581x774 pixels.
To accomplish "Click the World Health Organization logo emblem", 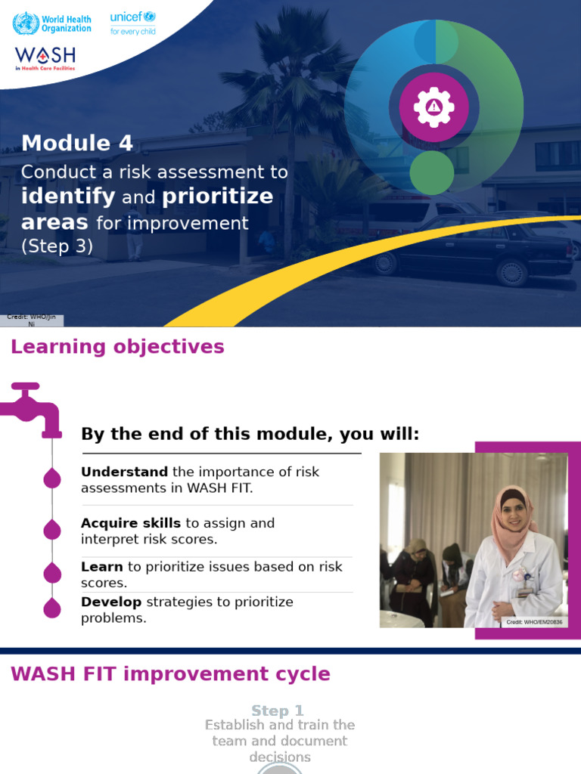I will point(25,23).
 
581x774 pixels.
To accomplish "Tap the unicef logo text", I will point(126,17).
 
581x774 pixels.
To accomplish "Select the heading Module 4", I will point(77,143).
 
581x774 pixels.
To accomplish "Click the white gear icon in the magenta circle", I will point(433,107).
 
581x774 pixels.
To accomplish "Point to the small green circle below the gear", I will point(431,172).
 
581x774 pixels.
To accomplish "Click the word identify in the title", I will point(68,197).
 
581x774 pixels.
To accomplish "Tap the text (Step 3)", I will point(57,246).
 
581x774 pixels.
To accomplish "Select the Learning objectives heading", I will point(117,347).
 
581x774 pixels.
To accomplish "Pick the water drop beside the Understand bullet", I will point(52,478).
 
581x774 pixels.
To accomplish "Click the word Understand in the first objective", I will point(125,472).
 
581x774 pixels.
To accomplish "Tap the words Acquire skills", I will point(131,523).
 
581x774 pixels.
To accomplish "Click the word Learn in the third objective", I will point(101,567).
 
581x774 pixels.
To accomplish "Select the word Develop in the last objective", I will point(111,602).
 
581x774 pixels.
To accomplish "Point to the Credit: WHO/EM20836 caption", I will point(534,622).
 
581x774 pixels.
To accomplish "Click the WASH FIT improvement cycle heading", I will point(170,674).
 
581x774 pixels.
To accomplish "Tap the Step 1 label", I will point(278,711).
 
